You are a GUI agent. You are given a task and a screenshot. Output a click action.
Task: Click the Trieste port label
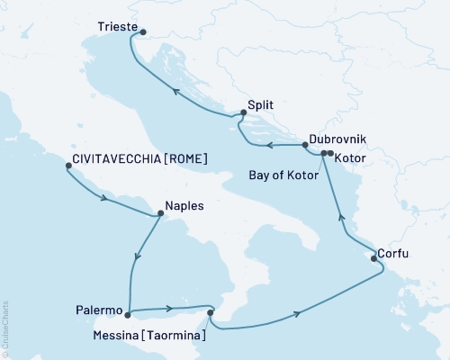[117, 28]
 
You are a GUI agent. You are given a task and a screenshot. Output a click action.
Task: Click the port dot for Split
[242, 114]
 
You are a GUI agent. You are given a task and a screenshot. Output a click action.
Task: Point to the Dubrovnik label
[337, 140]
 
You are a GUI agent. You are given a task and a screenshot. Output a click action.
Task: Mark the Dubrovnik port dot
[323, 153]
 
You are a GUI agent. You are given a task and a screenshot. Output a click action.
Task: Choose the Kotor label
[349, 157]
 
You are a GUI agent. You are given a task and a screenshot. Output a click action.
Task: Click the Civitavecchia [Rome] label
[139, 158]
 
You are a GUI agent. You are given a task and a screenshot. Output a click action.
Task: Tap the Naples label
[184, 205]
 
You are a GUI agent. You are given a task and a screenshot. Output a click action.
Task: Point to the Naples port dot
[160, 214]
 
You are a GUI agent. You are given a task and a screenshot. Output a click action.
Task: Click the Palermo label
[99, 310]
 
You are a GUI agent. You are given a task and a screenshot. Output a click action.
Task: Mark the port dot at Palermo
[129, 314]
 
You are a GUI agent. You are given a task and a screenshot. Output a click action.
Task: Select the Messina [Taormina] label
[154, 336]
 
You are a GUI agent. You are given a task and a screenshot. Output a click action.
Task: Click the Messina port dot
[211, 313]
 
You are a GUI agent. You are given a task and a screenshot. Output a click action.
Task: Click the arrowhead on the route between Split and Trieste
[176, 92]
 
